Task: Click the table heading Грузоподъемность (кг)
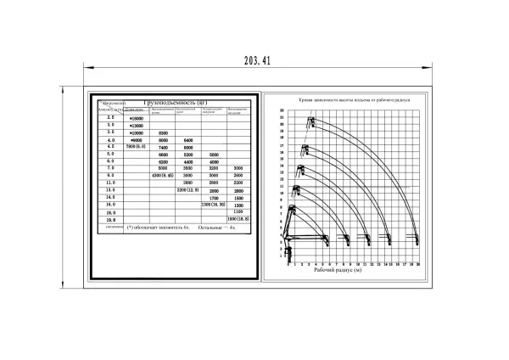point(174,102)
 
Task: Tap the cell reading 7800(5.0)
point(136,147)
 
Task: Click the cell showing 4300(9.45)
point(162,176)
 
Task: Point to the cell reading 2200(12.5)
point(187,189)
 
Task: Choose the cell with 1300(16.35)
point(213,205)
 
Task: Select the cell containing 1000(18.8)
point(238,219)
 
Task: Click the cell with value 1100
point(238,211)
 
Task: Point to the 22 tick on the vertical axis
point(282,111)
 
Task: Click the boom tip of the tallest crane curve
point(310,119)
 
